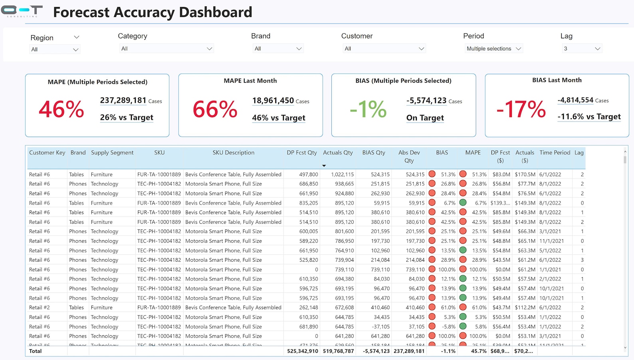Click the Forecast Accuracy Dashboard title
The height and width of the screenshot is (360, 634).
point(153,12)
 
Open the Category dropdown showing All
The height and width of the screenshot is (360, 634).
point(166,49)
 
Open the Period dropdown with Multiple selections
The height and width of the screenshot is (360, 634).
point(494,49)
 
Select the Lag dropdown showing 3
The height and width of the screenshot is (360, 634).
point(582,49)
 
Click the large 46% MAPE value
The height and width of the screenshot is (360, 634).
point(61,109)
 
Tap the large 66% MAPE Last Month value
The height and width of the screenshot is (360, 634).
point(215,109)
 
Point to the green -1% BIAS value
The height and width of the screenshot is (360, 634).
point(368,109)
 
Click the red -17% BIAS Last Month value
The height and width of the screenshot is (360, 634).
point(521,109)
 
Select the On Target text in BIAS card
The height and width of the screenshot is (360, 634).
point(425,118)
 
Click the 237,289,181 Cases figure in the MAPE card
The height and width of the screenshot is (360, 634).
point(123,101)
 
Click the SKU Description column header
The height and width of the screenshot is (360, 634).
point(233,153)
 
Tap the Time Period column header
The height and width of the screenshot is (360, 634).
point(555,153)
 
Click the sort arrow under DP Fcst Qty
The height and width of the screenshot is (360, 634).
point(324,165)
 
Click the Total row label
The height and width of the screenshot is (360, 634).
point(35,351)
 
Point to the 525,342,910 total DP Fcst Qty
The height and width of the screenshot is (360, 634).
point(302,351)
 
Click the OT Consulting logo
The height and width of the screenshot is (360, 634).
point(22,11)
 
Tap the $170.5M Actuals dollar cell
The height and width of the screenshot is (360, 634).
point(525,175)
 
